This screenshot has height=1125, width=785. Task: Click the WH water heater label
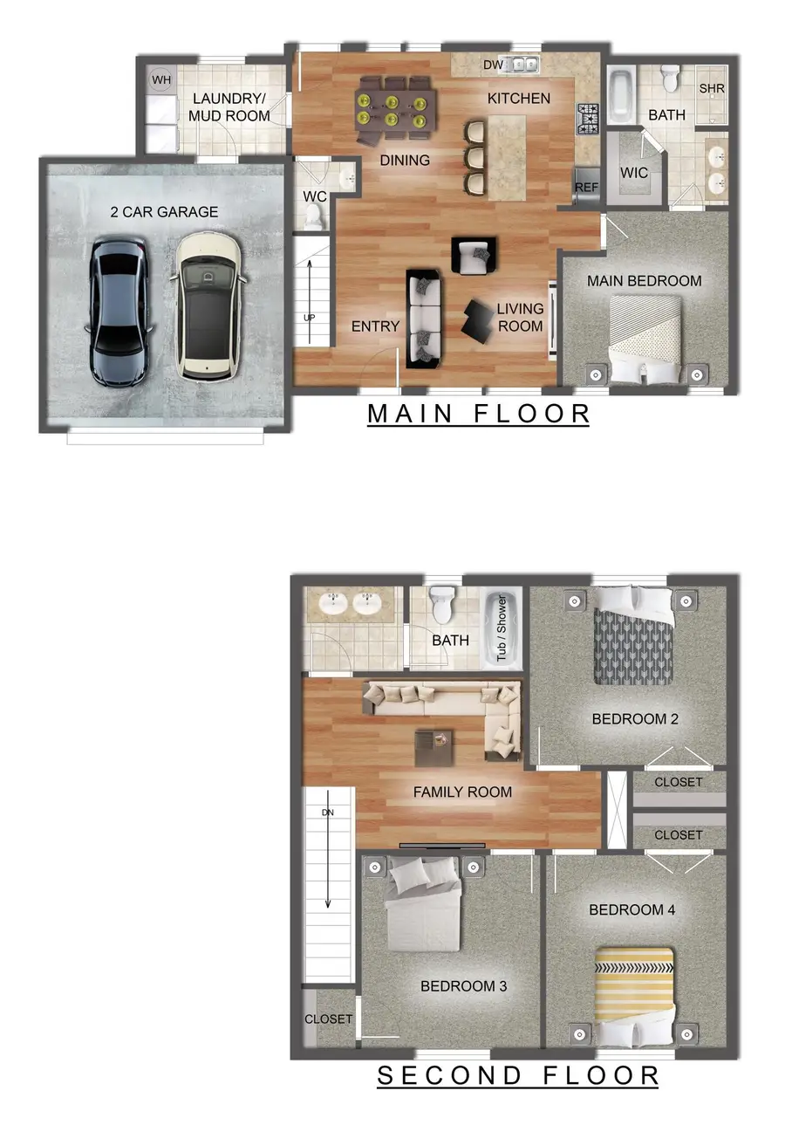pyautogui.click(x=161, y=80)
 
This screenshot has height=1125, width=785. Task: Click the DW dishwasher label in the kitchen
pyautogui.click(x=493, y=65)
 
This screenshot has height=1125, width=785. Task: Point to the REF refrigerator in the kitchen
pyautogui.click(x=587, y=187)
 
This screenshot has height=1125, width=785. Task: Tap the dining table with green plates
pyautogui.click(x=395, y=107)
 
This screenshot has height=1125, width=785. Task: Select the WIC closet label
pyautogui.click(x=634, y=173)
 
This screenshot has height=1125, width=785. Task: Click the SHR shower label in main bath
pyautogui.click(x=712, y=89)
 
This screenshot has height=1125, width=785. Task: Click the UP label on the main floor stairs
pyautogui.click(x=309, y=318)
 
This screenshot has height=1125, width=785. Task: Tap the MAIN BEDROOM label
pyautogui.click(x=644, y=281)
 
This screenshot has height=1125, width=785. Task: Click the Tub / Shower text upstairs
pyautogui.click(x=502, y=628)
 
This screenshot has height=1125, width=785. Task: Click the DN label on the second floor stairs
pyautogui.click(x=327, y=813)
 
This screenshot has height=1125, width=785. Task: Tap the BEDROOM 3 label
pyautogui.click(x=464, y=986)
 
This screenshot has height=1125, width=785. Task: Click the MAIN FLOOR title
pyautogui.click(x=478, y=413)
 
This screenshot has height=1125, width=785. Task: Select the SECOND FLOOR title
pyautogui.click(x=517, y=1075)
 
